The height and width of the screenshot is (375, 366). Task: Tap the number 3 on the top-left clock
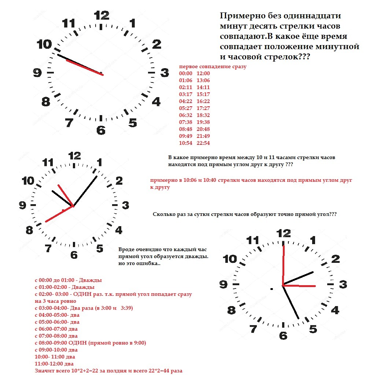164,73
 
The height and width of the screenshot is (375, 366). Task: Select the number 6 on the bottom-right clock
283,335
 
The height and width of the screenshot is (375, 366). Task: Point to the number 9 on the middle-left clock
23,205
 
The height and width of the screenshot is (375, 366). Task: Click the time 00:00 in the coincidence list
186,74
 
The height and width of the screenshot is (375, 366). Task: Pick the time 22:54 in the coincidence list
203,143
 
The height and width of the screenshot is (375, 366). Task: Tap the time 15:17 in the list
203,94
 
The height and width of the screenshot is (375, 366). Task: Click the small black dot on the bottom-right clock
271,289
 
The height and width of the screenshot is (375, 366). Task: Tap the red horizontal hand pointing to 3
300,286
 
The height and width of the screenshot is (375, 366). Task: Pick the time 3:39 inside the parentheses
126,308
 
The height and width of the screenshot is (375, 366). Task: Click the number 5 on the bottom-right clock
313,329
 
